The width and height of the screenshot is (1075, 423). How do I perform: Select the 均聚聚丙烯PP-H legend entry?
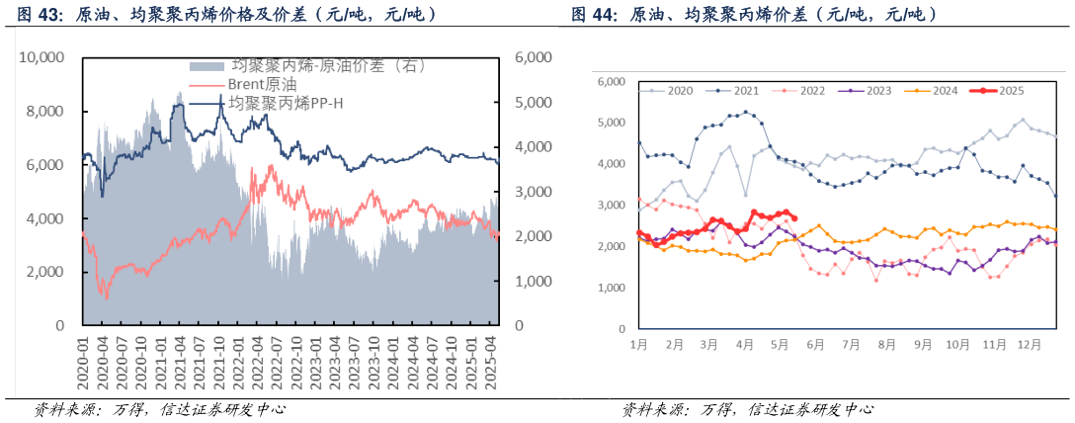tap(287, 102)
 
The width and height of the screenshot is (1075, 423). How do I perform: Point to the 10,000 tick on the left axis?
tap(41, 58)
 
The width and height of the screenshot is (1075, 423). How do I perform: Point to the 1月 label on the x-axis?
tap(638, 345)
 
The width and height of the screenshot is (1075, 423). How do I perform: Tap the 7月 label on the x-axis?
tap(851, 345)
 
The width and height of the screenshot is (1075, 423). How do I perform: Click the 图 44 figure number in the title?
tap(592, 16)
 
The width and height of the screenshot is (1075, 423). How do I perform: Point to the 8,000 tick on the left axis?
tap(44, 112)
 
